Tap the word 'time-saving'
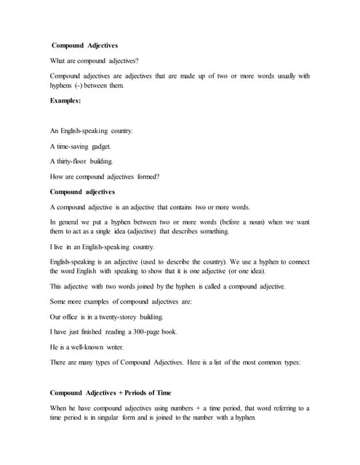79,146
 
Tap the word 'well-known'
92,347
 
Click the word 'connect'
295,262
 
